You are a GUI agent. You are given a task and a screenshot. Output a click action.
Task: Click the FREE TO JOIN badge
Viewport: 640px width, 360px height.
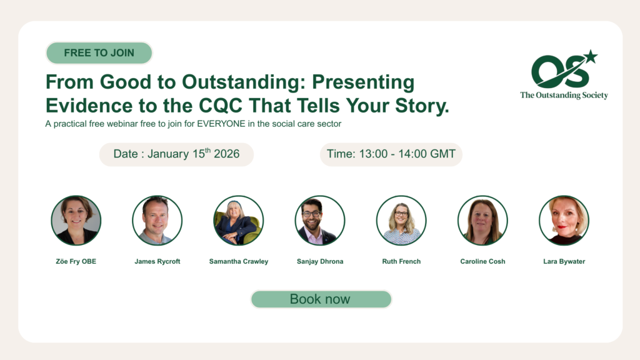point(99,52)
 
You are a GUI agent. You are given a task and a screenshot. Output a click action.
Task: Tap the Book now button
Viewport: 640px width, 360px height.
point(321,299)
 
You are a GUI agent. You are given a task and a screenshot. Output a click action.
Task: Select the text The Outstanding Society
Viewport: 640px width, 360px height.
point(564,95)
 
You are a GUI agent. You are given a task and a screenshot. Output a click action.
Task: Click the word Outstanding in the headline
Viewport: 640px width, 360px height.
point(243,82)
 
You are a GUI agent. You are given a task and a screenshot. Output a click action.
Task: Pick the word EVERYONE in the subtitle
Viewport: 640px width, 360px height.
point(221,124)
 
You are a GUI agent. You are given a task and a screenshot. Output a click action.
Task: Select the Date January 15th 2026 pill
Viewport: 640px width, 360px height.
point(176,154)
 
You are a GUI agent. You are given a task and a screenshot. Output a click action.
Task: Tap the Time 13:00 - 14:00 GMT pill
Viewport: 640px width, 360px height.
point(391,154)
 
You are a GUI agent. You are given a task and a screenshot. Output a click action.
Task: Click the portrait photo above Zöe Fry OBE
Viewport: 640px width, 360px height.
point(76,221)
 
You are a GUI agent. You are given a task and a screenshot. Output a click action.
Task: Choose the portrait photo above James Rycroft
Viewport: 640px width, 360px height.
point(157,221)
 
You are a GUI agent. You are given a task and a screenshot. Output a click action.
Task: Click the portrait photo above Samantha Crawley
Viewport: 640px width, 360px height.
point(238,221)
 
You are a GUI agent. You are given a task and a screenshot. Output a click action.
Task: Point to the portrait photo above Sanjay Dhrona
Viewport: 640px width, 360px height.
point(320,221)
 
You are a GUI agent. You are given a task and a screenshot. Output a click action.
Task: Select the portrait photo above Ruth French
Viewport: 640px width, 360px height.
point(401,221)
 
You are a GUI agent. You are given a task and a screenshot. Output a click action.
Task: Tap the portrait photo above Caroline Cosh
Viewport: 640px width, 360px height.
point(482,221)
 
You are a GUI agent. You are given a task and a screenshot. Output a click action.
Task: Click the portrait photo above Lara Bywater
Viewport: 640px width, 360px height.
point(564,221)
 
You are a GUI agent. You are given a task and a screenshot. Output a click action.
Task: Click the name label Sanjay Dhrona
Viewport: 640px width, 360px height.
point(320,261)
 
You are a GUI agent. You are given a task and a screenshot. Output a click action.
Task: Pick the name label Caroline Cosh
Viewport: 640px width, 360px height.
point(483,261)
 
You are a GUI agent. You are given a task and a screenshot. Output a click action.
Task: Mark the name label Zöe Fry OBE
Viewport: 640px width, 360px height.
point(76,261)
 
